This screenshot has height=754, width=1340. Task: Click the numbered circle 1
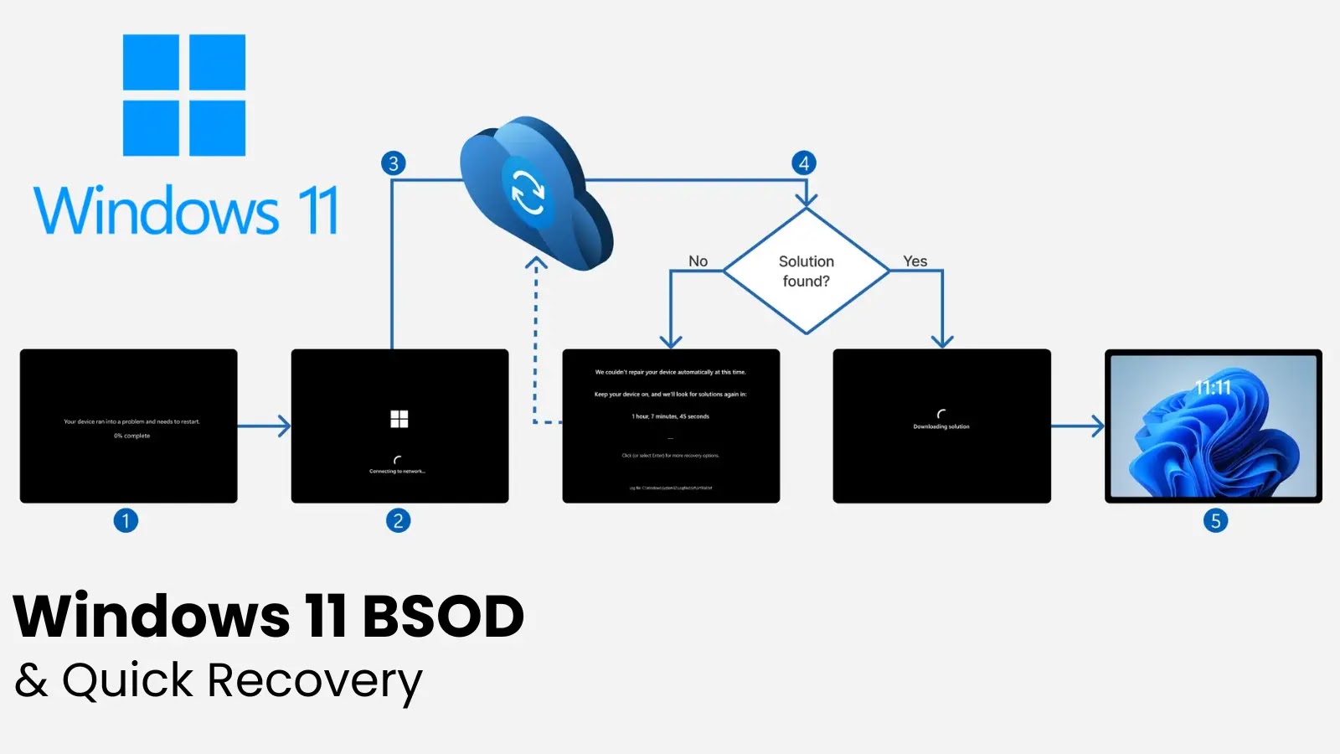126,521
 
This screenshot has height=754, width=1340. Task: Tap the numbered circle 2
398,521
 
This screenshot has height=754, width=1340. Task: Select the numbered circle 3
393,163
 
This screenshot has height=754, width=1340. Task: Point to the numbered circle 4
804,163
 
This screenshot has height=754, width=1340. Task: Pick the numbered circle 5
1215,521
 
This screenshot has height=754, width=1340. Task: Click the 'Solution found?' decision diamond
806,271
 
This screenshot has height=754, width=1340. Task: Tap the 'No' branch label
698,261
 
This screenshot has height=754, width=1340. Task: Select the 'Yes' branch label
915,261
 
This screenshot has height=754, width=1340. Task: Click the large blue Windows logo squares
184,95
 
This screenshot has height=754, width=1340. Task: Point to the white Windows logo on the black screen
399,419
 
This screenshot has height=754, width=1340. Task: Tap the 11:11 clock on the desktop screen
1213,388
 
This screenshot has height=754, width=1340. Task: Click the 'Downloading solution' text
941,426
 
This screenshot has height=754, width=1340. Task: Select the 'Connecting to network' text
398,472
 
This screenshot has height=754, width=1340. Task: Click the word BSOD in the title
443,617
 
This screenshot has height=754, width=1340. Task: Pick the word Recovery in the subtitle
315,680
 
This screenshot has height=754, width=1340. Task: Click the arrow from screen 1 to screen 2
264,426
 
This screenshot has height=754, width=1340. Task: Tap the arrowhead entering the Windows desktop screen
1096,426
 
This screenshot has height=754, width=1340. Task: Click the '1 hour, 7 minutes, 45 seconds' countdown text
670,416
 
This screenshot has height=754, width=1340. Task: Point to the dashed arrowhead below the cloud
536,263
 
